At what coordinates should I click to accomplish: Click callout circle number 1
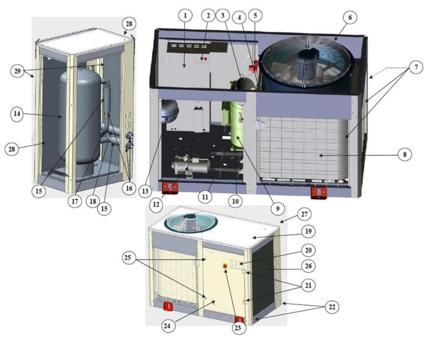click(x=185, y=15)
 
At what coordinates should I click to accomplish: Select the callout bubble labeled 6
click(x=350, y=17)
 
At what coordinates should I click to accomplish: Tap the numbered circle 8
click(x=405, y=154)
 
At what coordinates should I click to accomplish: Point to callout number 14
click(x=17, y=113)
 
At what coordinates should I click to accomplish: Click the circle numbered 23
click(x=238, y=328)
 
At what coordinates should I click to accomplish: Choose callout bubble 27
click(x=304, y=214)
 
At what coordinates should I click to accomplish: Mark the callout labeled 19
click(x=308, y=231)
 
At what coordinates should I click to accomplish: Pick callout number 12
click(x=156, y=204)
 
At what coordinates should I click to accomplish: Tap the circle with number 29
click(x=18, y=71)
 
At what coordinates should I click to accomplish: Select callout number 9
click(x=278, y=209)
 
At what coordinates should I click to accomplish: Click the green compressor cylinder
click(x=237, y=126)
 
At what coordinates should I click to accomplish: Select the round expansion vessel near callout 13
click(x=170, y=112)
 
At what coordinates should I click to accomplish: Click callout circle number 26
click(x=308, y=266)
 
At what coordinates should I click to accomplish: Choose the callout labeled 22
click(x=332, y=306)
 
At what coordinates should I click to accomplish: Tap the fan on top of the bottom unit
click(x=191, y=223)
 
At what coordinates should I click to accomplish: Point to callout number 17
click(x=75, y=201)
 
